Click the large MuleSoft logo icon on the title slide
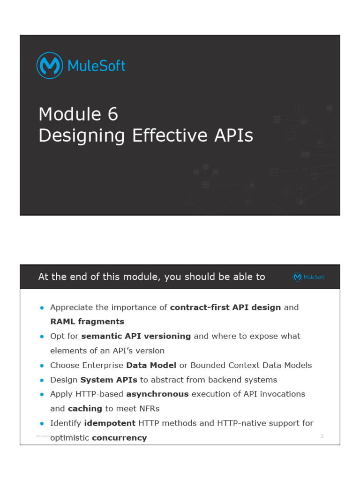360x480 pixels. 50,66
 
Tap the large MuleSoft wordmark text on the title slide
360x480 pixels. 96,66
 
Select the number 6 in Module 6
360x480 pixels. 112,114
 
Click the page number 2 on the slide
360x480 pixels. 322,436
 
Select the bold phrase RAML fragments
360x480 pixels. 87,322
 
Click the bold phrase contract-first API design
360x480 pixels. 225,307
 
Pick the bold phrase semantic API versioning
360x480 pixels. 136,336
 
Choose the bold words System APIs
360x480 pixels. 109,380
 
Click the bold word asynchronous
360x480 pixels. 157,394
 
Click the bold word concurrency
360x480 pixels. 119,438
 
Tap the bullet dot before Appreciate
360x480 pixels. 42,308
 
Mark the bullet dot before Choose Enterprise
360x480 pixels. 42,366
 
